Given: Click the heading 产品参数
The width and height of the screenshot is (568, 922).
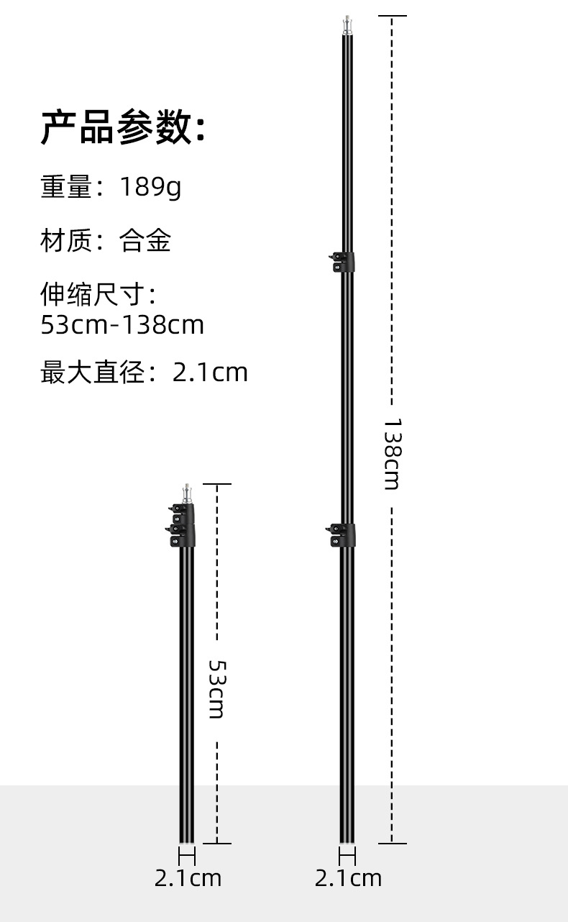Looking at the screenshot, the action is click(122, 128).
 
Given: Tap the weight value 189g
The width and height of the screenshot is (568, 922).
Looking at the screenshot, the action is click(150, 187).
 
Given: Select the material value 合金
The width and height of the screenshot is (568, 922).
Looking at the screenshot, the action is click(146, 240).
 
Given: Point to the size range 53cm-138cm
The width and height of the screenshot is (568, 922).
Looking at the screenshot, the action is click(122, 325).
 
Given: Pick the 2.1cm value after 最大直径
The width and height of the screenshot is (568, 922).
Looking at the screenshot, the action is click(210, 373).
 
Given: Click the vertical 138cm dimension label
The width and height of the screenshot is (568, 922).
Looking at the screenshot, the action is click(392, 454).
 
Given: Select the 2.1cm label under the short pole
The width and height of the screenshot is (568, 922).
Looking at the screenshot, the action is click(188, 878).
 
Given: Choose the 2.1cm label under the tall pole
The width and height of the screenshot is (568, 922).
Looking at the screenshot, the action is click(348, 878).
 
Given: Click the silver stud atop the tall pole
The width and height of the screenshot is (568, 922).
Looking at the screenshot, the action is click(348, 25).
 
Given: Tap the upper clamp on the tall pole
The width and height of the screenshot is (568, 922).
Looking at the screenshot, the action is click(343, 262).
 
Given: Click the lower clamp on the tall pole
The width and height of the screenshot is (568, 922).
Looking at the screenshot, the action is click(343, 534).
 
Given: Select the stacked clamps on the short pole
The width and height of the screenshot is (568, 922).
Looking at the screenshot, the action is click(183, 525).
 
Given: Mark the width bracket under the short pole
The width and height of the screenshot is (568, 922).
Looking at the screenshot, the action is click(187, 857).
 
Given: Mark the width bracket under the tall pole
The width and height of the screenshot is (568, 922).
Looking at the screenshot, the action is click(348, 857).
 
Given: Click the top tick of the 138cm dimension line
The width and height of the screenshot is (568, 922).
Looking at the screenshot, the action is click(392, 15).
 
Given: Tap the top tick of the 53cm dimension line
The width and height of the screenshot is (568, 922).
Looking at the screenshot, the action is click(216, 484).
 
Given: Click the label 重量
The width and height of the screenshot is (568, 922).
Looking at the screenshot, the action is click(66, 187).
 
